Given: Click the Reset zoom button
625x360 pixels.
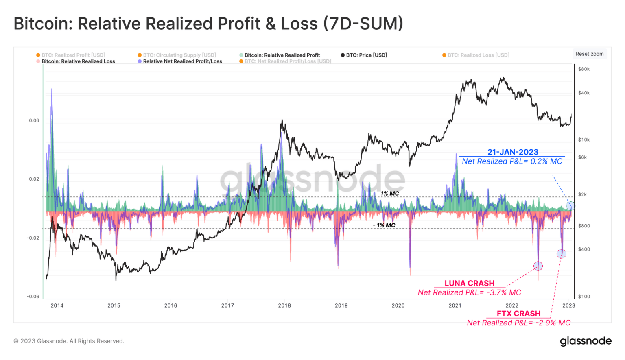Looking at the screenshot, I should coord(589,54).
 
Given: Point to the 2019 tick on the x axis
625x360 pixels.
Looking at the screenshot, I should coord(341,305).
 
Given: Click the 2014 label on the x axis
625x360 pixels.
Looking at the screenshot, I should coord(57,305).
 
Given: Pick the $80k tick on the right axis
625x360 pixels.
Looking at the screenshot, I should coord(584,69).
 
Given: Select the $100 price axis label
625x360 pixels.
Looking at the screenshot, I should coord(584,297).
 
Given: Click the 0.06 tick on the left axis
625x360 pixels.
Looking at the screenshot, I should coord(34,120).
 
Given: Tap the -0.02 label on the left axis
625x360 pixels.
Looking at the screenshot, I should coord(33,238).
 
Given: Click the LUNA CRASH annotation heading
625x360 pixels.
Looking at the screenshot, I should coord(469,283).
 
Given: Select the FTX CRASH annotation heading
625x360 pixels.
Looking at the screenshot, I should coord(518,314).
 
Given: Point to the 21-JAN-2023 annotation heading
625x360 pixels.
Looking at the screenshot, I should coord(513,152).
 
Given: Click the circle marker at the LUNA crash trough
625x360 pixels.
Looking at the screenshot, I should coord(538,266).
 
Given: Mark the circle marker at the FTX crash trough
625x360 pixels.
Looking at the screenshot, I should coord(561,254).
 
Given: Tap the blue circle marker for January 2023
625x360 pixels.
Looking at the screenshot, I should coord(570,206).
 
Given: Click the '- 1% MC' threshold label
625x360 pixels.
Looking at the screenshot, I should coord(384,225).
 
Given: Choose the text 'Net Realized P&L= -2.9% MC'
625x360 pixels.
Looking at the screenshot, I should coord(518,323).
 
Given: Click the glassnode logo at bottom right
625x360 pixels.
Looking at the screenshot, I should coord(586,341).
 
